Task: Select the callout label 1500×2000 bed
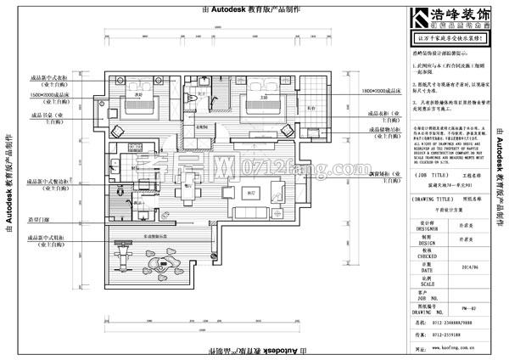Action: click(53, 94)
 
